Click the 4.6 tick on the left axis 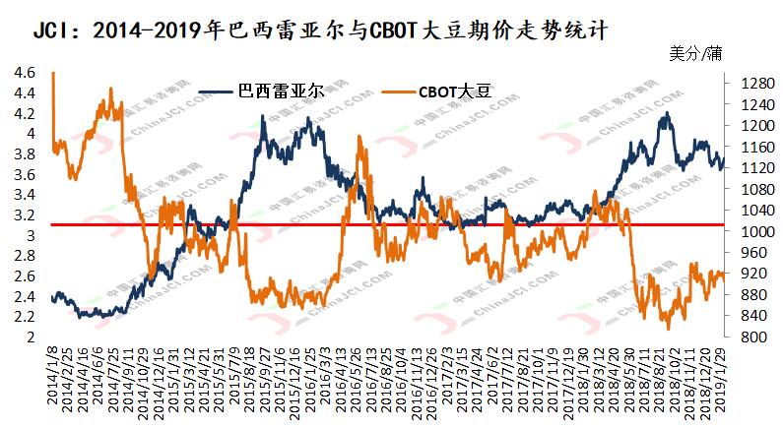coord(25,73)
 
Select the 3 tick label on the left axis coord(32,236)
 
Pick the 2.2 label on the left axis coord(25,318)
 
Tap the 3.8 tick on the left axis coord(25,154)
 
